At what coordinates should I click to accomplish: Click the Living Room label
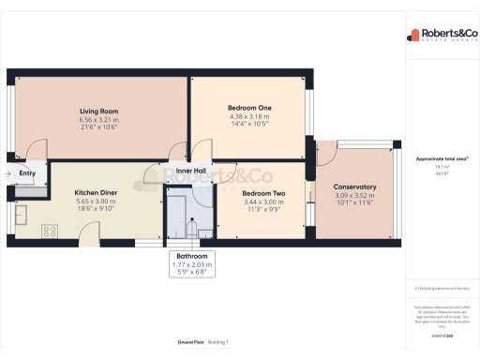click(97, 111)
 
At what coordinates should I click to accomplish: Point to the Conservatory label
click(354, 187)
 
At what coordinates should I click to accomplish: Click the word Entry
click(27, 172)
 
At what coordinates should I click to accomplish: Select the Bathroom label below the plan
click(188, 256)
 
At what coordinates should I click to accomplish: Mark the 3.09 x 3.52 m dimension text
click(354, 195)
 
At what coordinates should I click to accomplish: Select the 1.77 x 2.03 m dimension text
click(188, 264)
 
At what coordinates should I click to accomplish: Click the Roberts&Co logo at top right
click(440, 37)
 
